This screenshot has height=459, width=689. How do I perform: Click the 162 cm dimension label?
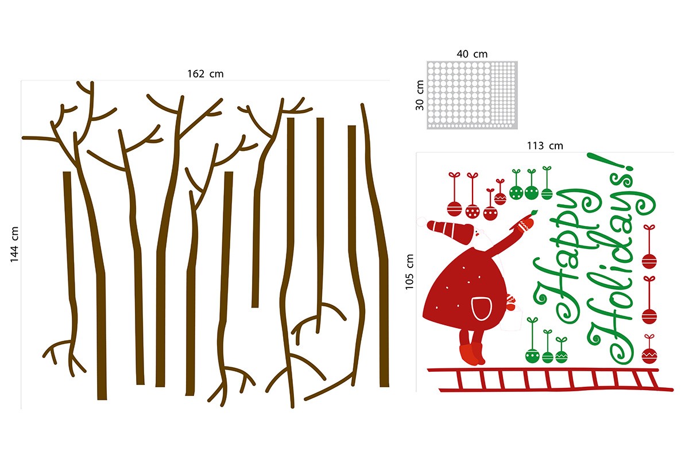[206, 74]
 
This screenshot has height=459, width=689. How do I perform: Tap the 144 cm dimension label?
[14, 244]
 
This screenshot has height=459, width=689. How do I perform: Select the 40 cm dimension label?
[472, 54]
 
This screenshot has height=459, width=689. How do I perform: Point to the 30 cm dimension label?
[420, 95]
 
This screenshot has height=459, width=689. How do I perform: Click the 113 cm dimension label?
[545, 146]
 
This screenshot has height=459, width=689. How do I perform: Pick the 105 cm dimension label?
[409, 272]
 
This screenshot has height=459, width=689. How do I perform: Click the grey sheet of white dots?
[472, 95]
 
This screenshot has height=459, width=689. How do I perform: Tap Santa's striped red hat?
[451, 231]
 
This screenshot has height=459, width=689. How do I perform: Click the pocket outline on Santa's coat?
[481, 308]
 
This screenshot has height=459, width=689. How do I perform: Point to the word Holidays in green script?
[621, 271]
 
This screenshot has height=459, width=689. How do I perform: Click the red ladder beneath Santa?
[550, 380]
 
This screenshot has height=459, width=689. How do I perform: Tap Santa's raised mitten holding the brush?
[525, 224]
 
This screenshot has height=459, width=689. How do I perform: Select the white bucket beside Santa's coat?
[511, 320]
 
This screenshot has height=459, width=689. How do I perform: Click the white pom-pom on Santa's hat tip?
[421, 221]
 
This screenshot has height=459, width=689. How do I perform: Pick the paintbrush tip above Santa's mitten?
[534, 212]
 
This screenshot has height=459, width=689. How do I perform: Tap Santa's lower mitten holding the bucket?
[511, 302]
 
